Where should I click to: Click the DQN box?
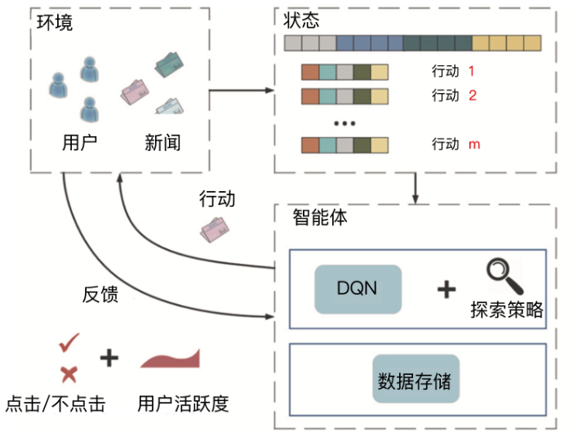tap(358, 289)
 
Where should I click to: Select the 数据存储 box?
tap(416, 380)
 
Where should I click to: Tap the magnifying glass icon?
tap(504, 278)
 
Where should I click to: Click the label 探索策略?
tap(506, 310)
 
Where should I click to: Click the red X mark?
tap(69, 374)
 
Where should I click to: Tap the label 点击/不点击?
tap(56, 404)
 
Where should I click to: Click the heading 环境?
tap(55, 22)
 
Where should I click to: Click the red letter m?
tap(474, 145)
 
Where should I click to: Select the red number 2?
tap(472, 96)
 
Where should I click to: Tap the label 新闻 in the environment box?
tap(162, 144)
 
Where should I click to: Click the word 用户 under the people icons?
tap(79, 144)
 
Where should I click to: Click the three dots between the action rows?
tap(345, 122)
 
